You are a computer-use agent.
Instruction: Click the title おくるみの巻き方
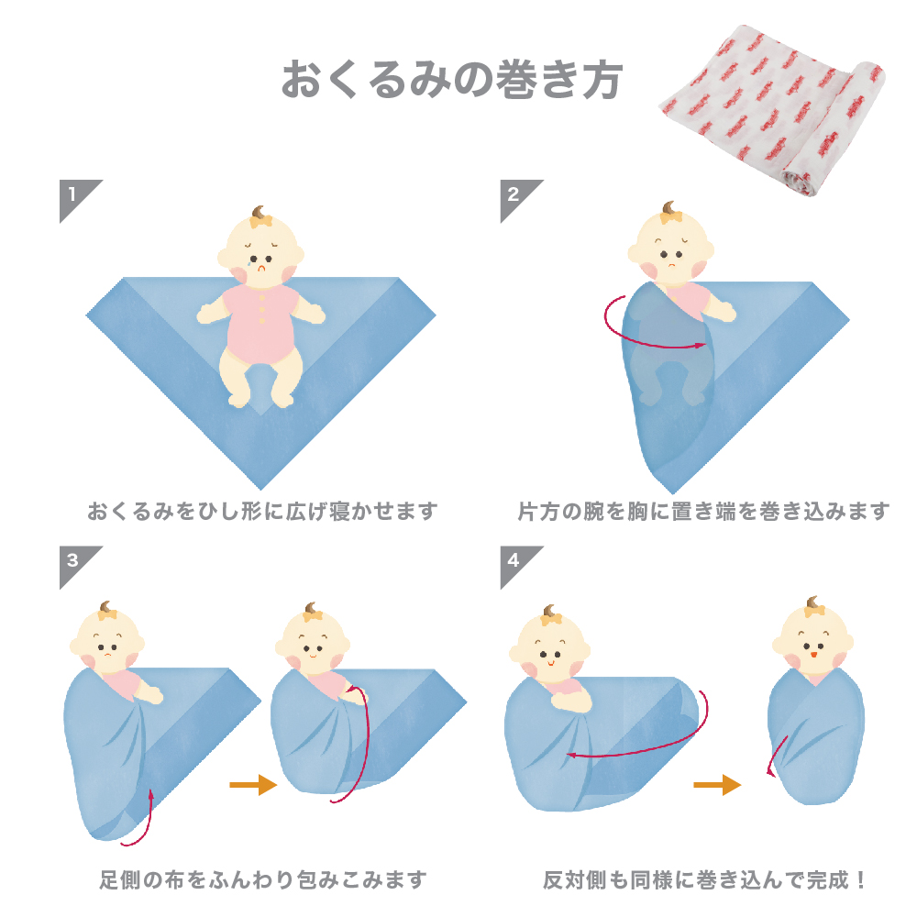click(452, 80)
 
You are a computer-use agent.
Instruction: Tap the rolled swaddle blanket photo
click(772, 109)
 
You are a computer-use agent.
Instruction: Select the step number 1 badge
click(77, 198)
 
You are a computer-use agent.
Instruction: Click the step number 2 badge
click(518, 198)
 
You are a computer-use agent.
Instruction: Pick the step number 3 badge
click(77, 564)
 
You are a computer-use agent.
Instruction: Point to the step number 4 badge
click(518, 564)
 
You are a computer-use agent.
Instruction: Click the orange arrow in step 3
click(253, 784)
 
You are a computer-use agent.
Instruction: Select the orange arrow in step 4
click(717, 784)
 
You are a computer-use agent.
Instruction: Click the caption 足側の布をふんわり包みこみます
click(263, 879)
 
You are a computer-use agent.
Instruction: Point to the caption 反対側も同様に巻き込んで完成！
click(704, 879)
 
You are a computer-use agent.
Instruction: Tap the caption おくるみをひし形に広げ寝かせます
click(262, 511)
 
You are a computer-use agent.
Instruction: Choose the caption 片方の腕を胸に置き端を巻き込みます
click(703, 511)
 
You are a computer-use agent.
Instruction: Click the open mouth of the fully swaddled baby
click(812, 655)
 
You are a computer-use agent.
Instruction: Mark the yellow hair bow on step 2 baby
click(670, 217)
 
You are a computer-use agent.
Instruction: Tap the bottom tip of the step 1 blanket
click(260, 489)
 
